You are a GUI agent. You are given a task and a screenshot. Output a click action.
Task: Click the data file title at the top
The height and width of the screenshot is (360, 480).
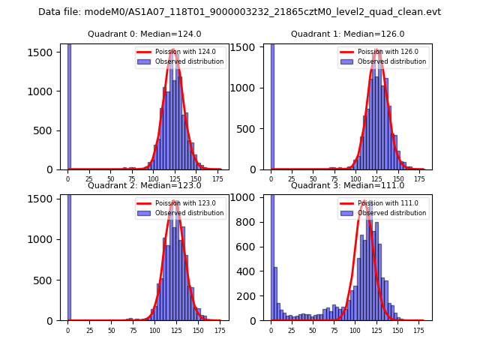pos(239,12)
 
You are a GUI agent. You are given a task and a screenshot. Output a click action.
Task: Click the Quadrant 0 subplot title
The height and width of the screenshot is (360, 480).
pos(145,34)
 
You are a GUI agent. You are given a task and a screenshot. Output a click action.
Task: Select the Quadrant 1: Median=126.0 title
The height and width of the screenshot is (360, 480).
pos(348,34)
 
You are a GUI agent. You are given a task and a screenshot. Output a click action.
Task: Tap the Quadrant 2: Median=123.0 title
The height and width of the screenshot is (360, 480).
pos(145,185)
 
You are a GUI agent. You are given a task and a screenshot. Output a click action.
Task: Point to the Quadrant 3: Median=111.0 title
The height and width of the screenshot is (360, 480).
pos(348,185)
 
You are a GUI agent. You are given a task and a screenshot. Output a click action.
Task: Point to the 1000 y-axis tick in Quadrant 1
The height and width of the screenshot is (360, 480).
pos(251,88)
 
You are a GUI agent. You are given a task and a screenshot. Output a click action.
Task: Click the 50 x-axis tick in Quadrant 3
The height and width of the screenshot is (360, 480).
pos(313,330)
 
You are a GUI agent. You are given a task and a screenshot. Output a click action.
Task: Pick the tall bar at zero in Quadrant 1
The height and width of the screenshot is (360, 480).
pos(272,106)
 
